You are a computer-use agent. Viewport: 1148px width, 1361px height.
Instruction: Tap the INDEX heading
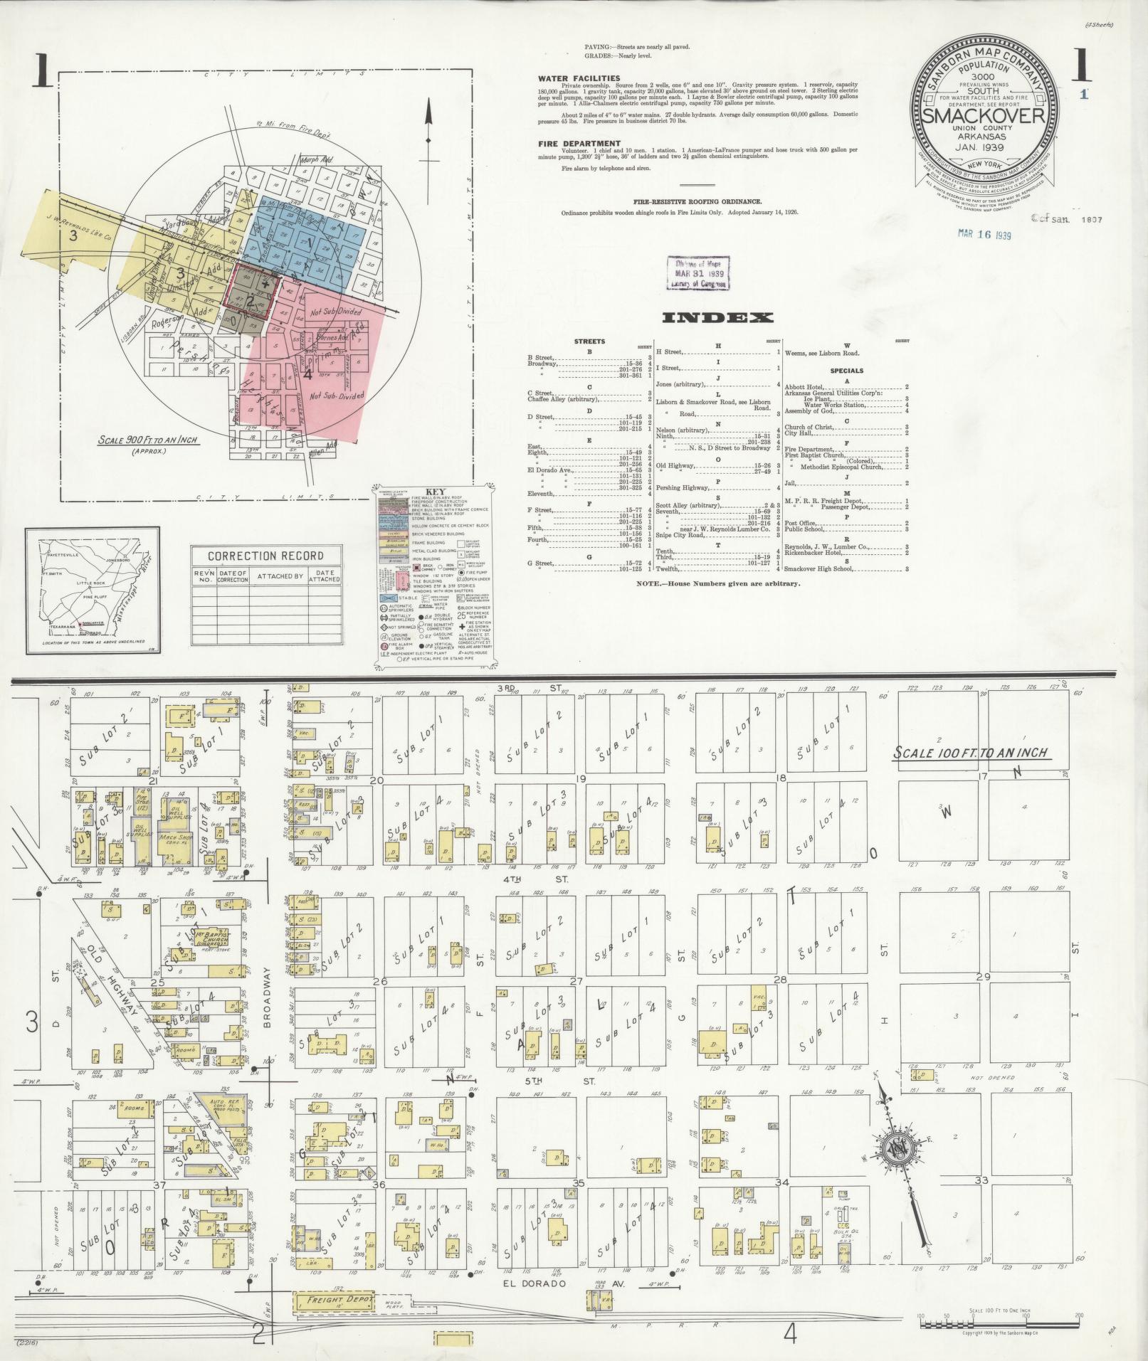point(717,318)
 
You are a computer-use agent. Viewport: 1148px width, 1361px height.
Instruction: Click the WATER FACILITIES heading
point(579,78)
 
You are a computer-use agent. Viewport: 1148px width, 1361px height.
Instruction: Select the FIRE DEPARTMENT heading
point(579,143)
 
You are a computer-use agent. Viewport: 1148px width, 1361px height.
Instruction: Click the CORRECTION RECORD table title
point(265,556)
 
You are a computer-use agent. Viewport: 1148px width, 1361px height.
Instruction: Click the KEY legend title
point(433,492)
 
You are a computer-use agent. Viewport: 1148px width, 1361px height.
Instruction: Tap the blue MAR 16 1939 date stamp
point(984,235)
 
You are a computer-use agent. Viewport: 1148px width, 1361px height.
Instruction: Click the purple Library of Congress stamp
point(697,274)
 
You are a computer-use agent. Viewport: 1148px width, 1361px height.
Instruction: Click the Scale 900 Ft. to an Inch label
point(148,440)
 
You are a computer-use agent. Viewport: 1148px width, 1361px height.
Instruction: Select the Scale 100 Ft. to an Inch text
point(971,753)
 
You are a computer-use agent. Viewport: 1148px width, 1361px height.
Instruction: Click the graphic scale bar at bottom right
point(999,1325)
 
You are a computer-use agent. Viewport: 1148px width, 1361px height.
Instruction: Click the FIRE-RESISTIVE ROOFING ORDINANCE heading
point(697,202)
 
